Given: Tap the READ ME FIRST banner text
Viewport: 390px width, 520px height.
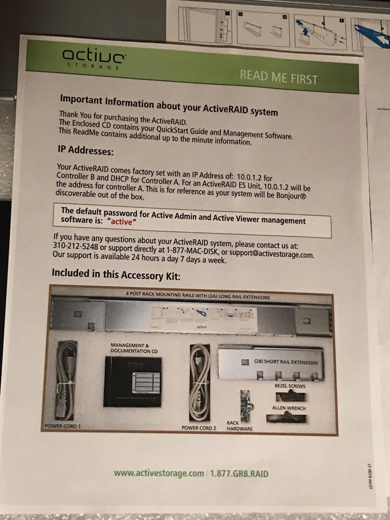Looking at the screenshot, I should (279, 77).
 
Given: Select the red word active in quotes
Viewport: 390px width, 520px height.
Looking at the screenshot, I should (122, 222).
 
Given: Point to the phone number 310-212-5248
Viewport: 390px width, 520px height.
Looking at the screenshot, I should (75, 247).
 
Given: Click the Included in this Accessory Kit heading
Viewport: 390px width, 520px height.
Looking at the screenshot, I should (116, 274).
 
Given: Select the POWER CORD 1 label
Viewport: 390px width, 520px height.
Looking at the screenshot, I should (63, 426).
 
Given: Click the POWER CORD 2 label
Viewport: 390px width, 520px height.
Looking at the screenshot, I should (199, 428).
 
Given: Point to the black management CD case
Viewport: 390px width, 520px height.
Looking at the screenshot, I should (133, 382).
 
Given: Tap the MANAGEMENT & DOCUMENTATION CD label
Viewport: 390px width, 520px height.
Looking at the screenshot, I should (134, 348).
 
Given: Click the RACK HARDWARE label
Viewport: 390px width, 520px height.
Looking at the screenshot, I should (240, 426).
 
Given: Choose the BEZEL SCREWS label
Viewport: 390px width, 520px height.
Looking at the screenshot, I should (290, 386).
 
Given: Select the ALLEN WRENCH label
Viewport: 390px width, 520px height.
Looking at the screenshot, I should (289, 408).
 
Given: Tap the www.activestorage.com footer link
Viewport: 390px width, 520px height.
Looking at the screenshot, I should (159, 473).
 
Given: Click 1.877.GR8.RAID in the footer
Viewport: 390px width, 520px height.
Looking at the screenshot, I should (239, 474).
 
